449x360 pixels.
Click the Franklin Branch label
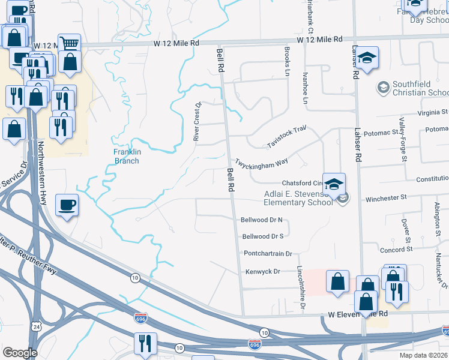[x=127, y=156]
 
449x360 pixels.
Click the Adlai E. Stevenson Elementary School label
[x=298, y=198]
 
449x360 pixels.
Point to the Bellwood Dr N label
[x=262, y=220]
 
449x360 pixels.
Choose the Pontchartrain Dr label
[x=268, y=254]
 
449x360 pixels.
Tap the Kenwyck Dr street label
[x=263, y=272]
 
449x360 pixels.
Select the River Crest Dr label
[x=196, y=121]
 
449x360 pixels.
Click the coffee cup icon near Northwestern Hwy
[x=67, y=205]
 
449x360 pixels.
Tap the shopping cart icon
[x=70, y=44]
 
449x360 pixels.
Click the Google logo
[x=20, y=353]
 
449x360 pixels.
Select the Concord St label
[x=396, y=249]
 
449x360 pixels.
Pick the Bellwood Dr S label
[x=263, y=236]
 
